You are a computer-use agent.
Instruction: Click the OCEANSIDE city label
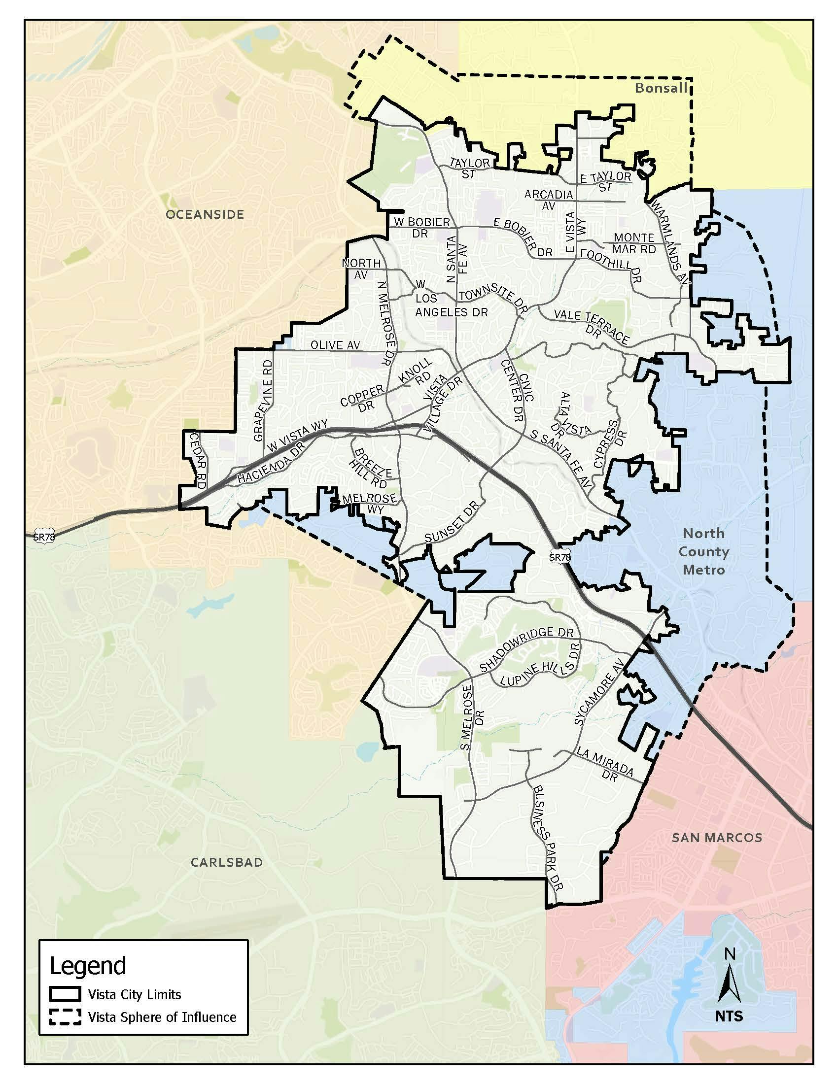point(205,214)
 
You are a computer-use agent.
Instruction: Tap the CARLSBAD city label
point(227,862)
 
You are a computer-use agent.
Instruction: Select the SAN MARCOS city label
point(717,838)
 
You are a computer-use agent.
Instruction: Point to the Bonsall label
point(661,89)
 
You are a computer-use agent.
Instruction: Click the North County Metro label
point(703,551)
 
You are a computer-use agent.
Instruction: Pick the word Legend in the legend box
point(88,966)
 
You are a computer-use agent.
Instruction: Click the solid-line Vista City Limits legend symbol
point(65,994)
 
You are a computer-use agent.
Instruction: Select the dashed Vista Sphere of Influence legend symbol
point(65,1017)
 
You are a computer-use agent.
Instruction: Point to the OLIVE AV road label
point(335,345)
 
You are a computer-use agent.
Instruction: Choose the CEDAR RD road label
point(197,461)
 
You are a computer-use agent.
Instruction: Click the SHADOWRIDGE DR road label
point(526,651)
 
